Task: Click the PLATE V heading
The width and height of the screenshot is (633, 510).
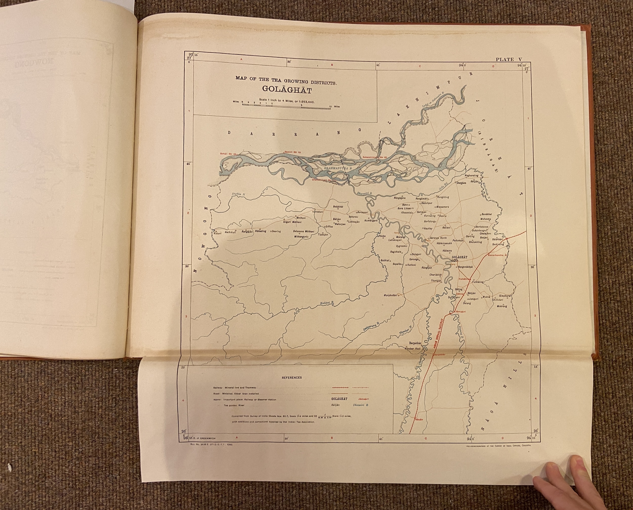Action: point(509,60)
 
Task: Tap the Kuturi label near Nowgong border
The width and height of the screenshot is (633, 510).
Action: point(218,234)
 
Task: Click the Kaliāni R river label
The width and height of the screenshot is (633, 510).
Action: point(327,303)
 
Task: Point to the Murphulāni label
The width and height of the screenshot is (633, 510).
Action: point(391,295)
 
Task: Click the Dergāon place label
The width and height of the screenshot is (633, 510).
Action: point(461,183)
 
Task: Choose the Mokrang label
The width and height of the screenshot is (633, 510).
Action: point(502,306)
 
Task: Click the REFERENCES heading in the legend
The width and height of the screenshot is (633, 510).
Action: point(292,378)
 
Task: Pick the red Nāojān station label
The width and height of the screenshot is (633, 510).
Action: point(418,419)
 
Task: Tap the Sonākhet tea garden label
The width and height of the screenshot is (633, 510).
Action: point(486,214)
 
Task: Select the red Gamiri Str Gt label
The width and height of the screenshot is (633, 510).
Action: point(293,152)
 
